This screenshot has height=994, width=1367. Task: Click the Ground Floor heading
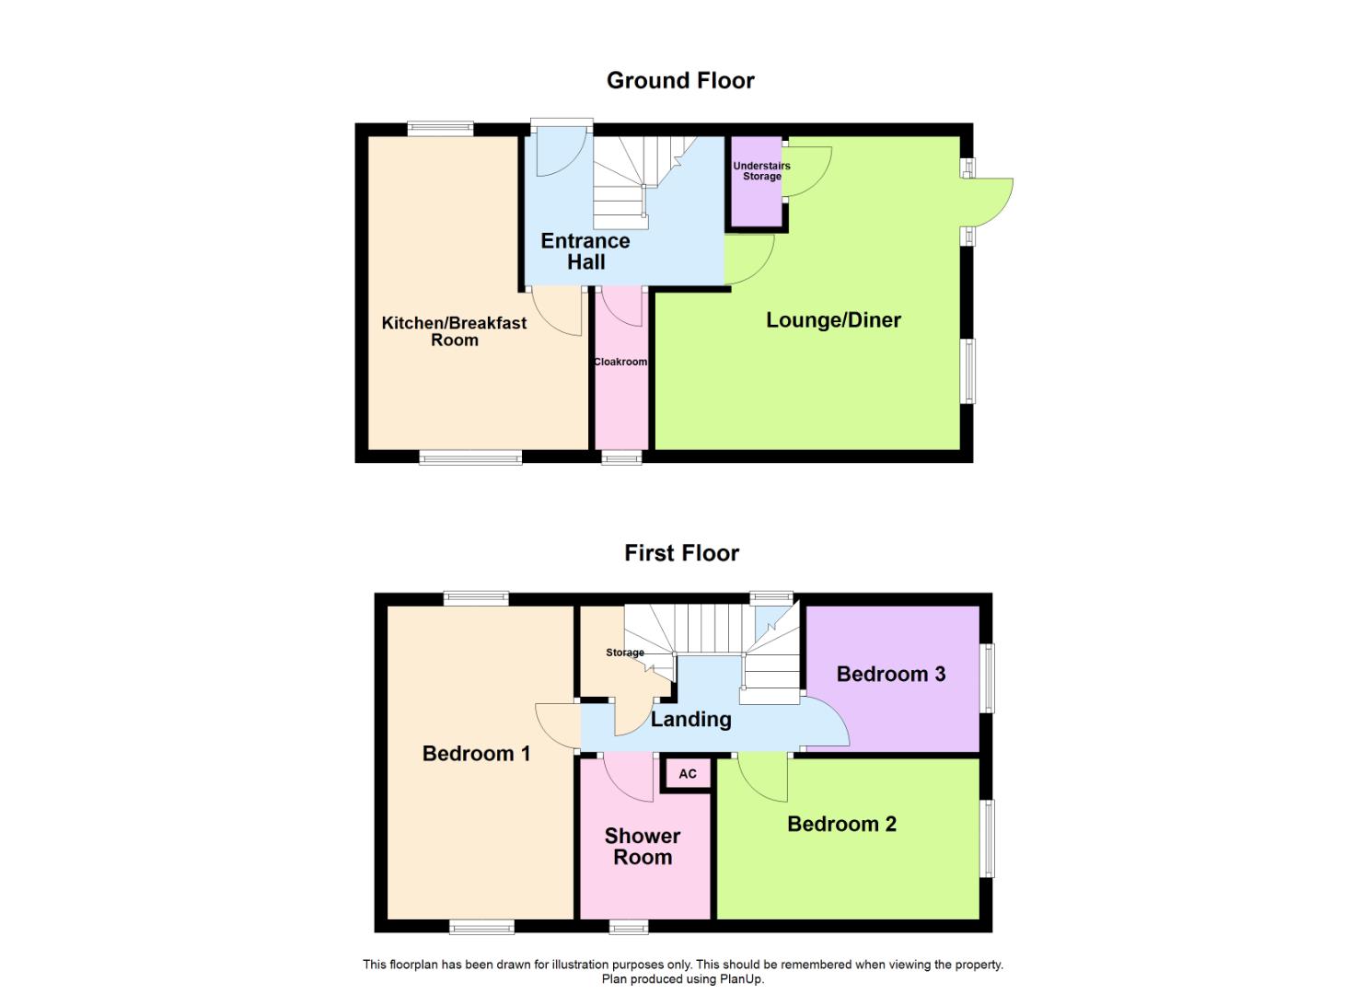tap(680, 81)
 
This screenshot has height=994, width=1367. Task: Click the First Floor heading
tap(681, 553)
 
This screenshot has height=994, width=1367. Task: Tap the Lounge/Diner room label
tap(833, 320)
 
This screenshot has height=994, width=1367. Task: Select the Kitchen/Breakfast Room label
tap(454, 331)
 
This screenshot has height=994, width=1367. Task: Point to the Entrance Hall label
tap(585, 251)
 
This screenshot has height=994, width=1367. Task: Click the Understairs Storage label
tap(761, 171)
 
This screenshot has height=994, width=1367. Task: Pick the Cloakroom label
tap(620, 362)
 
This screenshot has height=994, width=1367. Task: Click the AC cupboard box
tap(688, 774)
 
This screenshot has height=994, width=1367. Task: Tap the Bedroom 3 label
tap(890, 674)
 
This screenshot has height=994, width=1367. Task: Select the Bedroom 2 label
tap(841, 824)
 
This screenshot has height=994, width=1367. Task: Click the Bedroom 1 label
tap(476, 754)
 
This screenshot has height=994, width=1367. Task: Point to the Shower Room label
tap(643, 847)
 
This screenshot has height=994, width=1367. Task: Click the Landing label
tap(690, 720)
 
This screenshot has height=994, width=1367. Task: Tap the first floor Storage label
tap(624, 653)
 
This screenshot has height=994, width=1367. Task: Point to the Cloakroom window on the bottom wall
tap(621, 457)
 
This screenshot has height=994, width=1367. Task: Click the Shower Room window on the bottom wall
tap(629, 926)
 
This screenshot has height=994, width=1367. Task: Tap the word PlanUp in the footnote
tap(743, 979)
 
